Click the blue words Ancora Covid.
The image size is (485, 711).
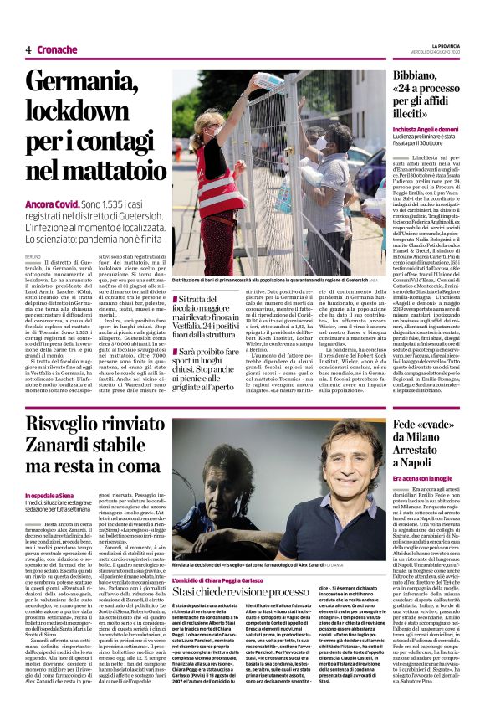pyautogui.click(x=54, y=204)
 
